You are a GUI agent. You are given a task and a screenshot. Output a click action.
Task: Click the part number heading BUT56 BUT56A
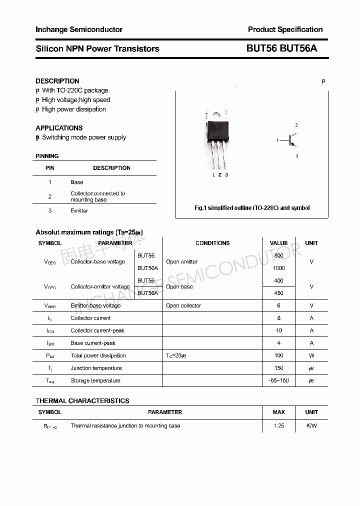coord(281,48)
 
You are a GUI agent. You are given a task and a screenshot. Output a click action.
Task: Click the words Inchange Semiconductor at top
coord(79,29)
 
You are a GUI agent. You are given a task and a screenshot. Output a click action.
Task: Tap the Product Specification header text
coord(285,29)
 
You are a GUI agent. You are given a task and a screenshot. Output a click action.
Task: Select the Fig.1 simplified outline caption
coord(252,208)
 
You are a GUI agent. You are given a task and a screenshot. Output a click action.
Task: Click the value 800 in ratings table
coord(278,255)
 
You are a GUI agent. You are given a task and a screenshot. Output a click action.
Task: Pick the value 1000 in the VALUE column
coord(278,268)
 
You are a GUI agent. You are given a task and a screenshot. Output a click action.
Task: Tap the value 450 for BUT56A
coord(278,293)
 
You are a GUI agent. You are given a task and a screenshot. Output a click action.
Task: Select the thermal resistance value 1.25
coord(278,425)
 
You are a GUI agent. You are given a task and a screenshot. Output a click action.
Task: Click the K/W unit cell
coord(311,425)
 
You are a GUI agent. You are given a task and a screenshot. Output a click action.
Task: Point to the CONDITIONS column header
coord(212,243)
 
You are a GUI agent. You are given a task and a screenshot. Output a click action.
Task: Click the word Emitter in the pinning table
coord(79,210)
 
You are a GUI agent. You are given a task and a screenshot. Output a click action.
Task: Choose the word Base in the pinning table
coord(77,182)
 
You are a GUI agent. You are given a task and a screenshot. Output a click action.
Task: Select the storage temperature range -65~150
coord(278,380)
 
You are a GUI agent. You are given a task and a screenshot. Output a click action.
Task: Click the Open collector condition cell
coord(183,305)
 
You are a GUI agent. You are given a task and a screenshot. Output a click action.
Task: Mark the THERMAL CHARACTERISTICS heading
coord(82,400)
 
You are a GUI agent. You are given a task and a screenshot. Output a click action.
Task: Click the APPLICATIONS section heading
coord(59,128)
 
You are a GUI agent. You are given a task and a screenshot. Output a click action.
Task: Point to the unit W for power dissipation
coord(311,355)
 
